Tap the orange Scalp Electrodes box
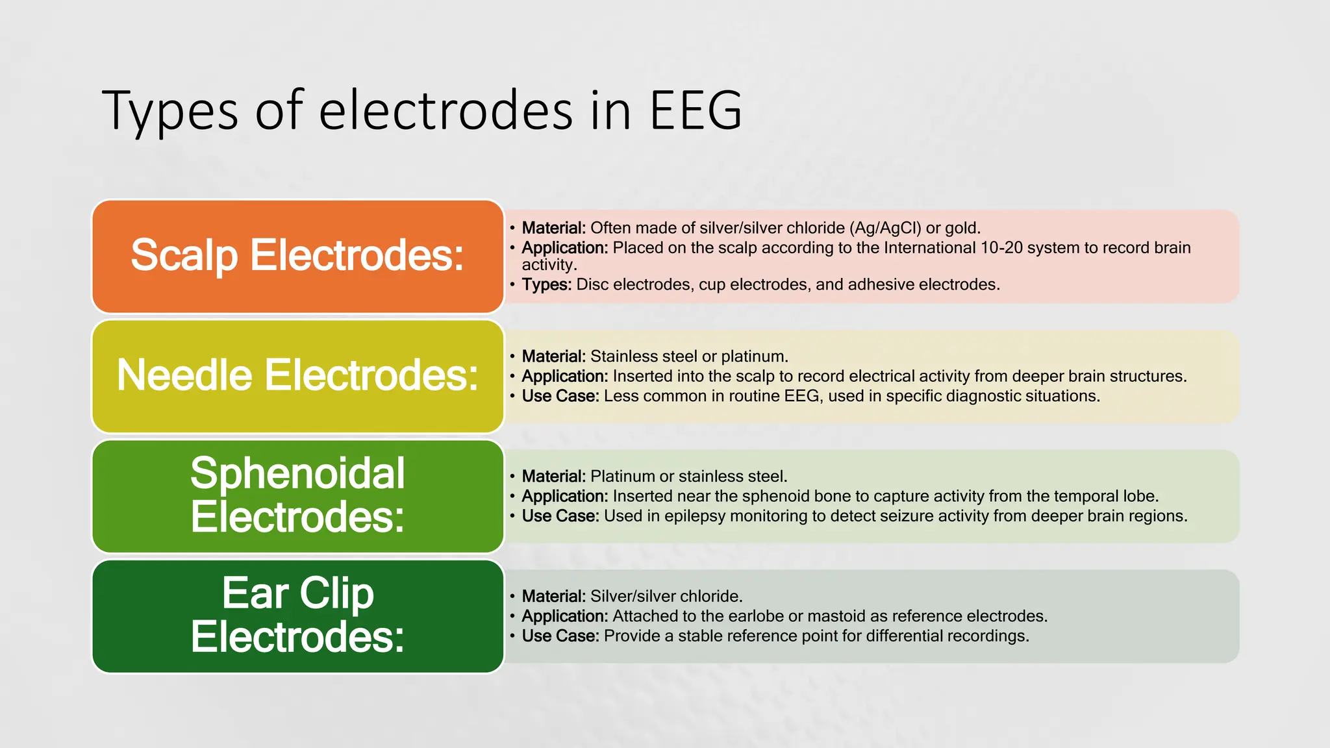click(x=298, y=256)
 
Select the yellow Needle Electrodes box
click(x=298, y=376)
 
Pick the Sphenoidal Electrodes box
click(x=298, y=496)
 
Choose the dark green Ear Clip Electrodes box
click(x=298, y=616)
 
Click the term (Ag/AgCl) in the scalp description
click(x=885, y=228)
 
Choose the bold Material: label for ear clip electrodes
click(x=554, y=596)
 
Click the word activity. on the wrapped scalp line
click(x=549, y=265)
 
